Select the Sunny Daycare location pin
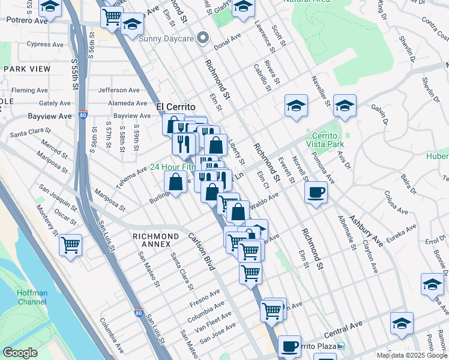tap(203, 38)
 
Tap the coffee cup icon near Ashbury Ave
tap(316, 193)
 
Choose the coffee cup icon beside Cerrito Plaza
tap(289, 346)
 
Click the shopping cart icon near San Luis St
tap(71, 245)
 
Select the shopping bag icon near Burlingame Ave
tap(175, 182)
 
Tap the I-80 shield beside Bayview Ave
tap(83, 116)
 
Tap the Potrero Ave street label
tap(26, 20)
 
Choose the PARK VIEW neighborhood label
tap(27, 69)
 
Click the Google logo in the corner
tap(20, 353)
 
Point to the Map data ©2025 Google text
tap(412, 355)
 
